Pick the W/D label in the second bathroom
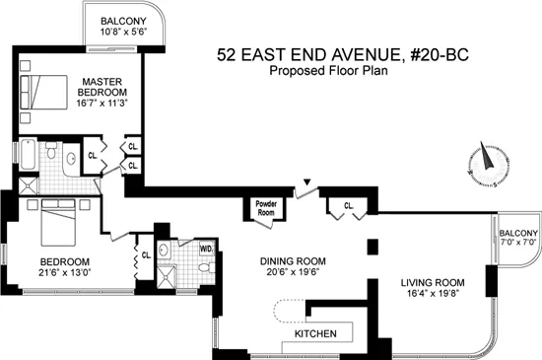[x=207, y=249]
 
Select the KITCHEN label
[x=313, y=334]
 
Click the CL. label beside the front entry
[x=349, y=205]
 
